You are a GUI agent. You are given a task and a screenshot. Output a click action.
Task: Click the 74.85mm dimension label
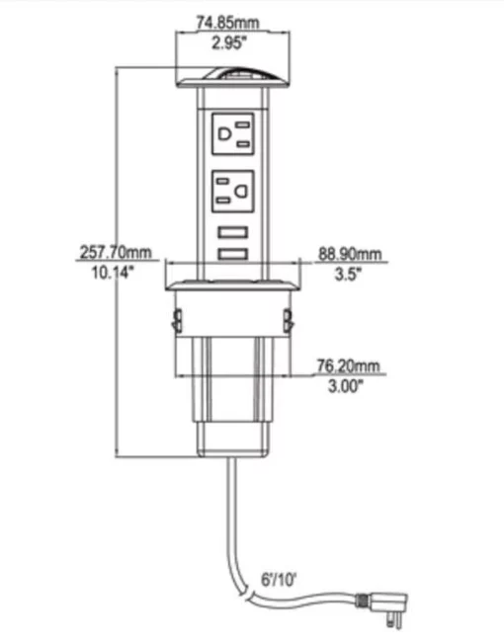(227, 22)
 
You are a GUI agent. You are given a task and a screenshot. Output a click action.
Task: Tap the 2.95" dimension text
(228, 42)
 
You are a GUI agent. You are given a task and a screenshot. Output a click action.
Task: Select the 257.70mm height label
(116, 251)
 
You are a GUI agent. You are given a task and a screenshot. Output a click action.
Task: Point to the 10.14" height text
(113, 272)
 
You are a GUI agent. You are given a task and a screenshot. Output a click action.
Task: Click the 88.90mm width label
(350, 254)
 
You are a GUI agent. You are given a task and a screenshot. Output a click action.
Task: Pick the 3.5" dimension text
(348, 274)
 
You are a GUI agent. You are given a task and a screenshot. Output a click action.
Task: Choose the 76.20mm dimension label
(348, 365)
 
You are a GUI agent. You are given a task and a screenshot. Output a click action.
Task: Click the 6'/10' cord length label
(279, 580)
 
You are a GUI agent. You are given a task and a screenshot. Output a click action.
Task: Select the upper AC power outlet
(233, 134)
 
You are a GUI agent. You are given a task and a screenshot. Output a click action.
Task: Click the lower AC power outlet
(233, 191)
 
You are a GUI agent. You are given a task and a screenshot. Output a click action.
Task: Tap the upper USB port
(233, 232)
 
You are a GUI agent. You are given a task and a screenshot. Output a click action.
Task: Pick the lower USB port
(233, 254)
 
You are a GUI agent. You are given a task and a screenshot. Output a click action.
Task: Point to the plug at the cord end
(382, 607)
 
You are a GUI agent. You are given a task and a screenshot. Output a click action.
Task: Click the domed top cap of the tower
(233, 77)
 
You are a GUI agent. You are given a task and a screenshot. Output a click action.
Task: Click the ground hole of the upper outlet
(224, 134)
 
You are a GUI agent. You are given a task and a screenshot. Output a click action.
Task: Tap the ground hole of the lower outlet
(242, 191)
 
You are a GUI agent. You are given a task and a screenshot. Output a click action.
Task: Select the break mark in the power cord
(249, 594)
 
